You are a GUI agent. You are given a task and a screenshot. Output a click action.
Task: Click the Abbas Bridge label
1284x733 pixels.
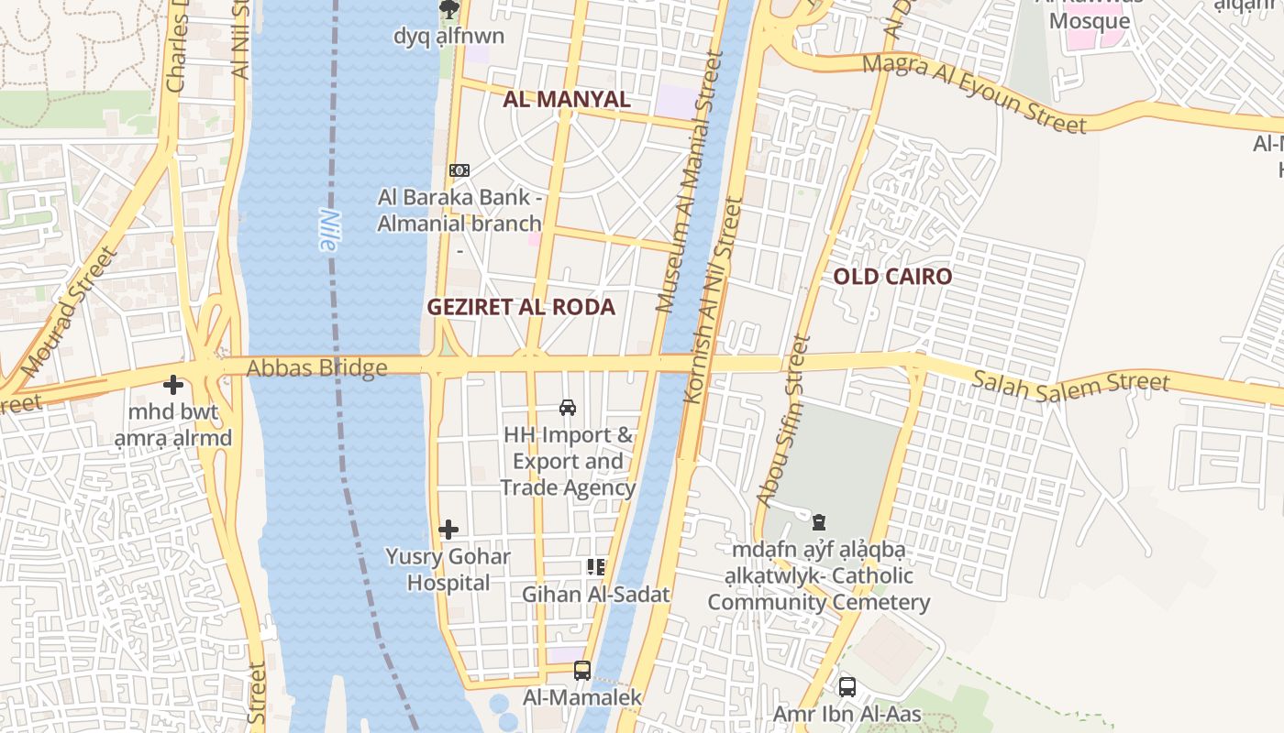tap(316, 368)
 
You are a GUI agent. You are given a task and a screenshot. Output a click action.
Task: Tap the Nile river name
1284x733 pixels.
tap(328, 230)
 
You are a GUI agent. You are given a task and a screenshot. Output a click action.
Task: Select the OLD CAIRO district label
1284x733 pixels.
tap(892, 277)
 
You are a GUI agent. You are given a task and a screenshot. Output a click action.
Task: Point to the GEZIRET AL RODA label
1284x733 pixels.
tap(521, 307)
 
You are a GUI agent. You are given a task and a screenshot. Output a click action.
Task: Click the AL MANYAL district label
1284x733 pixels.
tap(566, 99)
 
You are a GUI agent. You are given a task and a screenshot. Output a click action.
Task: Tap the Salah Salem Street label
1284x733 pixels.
tap(1070, 387)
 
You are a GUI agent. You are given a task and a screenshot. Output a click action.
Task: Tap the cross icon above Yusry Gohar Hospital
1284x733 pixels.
tap(448, 530)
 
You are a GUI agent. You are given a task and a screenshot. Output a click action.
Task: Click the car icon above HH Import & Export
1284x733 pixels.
tap(568, 408)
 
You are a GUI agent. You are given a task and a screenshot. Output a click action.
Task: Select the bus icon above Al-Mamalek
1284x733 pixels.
tap(581, 671)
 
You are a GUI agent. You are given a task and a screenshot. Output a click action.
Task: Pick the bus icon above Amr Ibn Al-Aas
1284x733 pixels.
tap(847, 686)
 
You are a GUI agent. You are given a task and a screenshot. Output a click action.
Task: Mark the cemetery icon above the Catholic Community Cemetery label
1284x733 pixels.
tap(818, 523)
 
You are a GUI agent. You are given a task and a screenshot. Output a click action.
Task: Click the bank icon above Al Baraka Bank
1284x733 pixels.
tap(459, 170)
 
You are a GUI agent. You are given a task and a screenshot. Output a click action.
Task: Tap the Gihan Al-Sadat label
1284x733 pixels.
tap(596, 595)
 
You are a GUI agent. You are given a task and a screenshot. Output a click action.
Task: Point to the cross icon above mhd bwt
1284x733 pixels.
tap(173, 386)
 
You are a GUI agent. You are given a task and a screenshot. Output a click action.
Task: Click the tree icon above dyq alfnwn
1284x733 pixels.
tap(448, 10)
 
